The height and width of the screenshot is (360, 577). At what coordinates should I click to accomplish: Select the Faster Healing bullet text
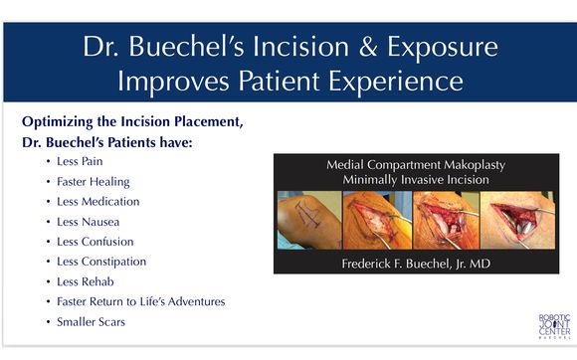click(94, 181)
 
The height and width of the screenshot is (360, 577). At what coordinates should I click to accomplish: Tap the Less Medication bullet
click(97, 201)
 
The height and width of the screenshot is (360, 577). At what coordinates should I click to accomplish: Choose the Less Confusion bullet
click(95, 242)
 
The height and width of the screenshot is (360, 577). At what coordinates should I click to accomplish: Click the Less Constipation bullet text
click(101, 262)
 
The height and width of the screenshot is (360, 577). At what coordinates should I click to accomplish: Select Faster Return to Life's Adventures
click(140, 301)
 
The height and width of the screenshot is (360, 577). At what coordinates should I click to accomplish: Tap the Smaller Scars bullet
click(91, 322)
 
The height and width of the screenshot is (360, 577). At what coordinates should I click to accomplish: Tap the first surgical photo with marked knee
click(308, 220)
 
